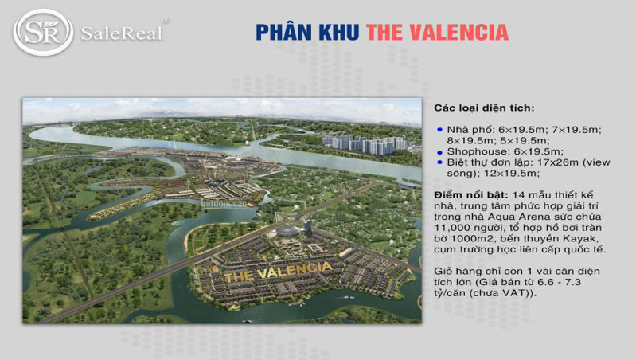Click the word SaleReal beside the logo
click(121, 33)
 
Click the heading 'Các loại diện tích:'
click(484, 108)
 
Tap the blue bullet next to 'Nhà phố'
click(439, 128)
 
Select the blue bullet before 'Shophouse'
click(439, 151)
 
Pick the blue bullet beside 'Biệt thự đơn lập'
click(439, 162)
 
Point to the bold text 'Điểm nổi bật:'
click(470, 195)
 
